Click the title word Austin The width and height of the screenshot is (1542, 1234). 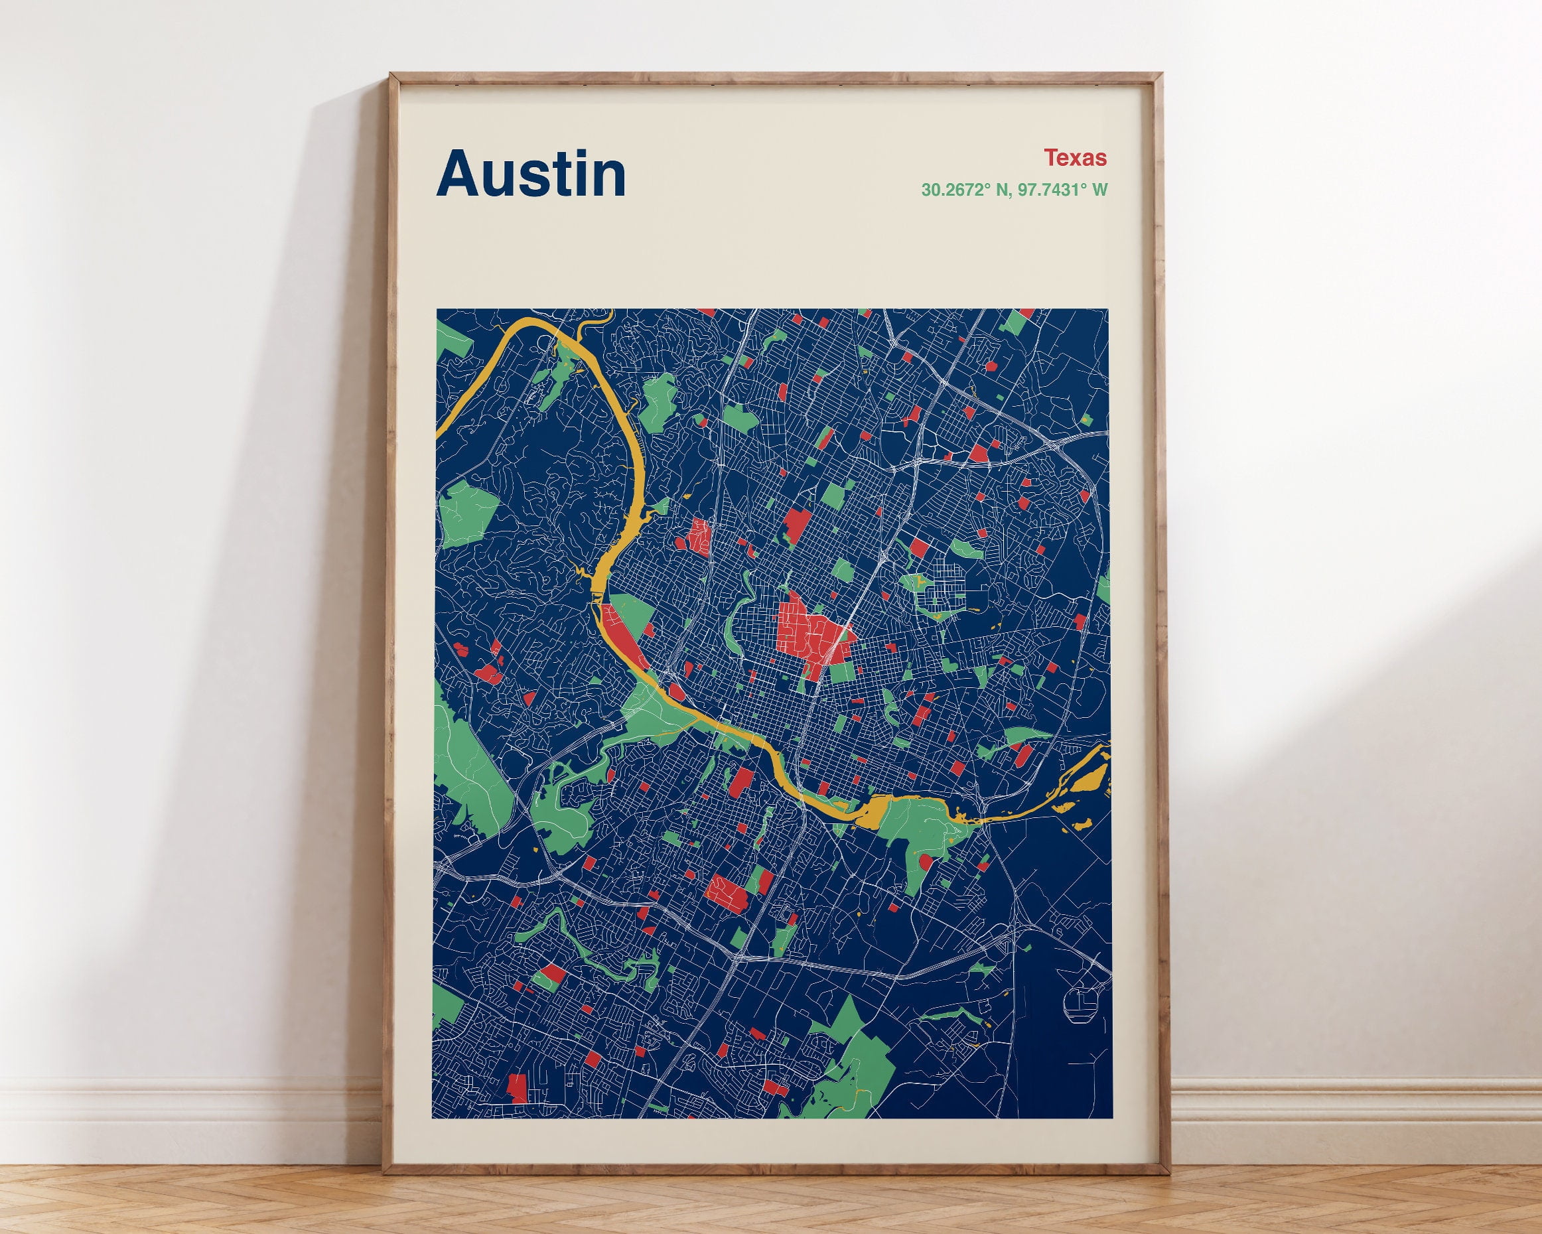[531, 174]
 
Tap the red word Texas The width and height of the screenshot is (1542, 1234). [1074, 158]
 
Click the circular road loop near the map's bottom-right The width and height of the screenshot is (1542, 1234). [1080, 1004]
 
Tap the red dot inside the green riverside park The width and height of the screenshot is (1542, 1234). [924, 862]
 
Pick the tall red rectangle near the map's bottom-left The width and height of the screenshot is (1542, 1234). [517, 1087]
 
